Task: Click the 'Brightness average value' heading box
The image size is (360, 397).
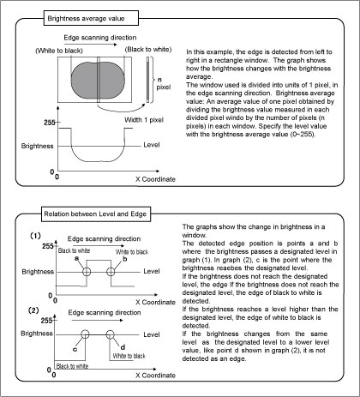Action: (91, 18)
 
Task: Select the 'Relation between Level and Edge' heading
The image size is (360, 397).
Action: (96, 214)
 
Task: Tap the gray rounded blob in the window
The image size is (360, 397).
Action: (98, 80)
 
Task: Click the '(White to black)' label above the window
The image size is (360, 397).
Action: (59, 51)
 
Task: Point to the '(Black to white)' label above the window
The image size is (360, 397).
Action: (148, 50)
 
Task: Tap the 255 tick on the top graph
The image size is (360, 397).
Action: (50, 123)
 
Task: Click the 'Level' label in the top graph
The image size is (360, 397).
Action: (152, 145)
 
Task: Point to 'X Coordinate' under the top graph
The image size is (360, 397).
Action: (155, 179)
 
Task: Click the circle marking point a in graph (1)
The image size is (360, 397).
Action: (87, 272)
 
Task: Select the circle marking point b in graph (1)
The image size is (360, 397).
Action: (111, 272)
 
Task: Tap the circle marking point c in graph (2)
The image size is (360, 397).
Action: (85, 334)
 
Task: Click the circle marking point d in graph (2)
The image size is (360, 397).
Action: (110, 334)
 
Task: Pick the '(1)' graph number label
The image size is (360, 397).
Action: (36, 236)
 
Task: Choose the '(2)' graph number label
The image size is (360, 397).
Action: (33, 310)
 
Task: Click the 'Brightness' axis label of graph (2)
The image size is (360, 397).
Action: (37, 334)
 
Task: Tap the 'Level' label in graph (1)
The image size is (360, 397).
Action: (152, 271)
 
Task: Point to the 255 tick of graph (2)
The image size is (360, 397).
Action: (46, 321)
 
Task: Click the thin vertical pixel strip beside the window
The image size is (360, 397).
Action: (147, 80)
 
